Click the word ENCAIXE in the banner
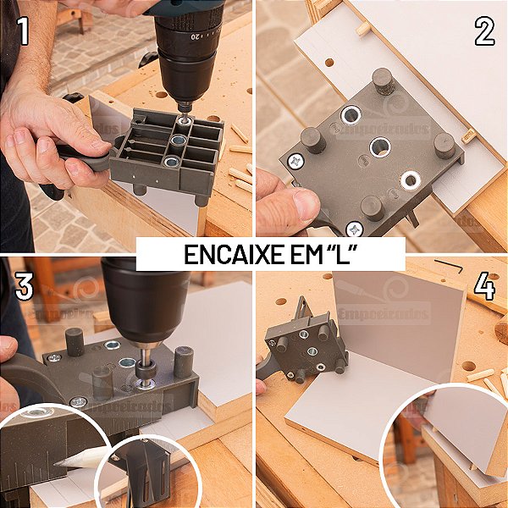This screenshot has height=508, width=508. pos(224,253)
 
